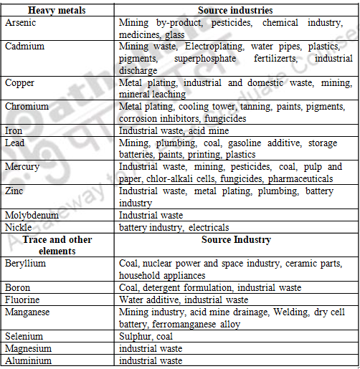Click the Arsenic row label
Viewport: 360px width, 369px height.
click(20, 23)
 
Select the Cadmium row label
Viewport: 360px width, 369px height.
click(24, 47)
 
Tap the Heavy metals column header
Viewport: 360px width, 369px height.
click(57, 11)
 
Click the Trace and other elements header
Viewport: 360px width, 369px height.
click(57, 245)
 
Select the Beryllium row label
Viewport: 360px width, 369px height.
click(26, 264)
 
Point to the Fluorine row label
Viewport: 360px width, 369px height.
click(23, 299)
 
